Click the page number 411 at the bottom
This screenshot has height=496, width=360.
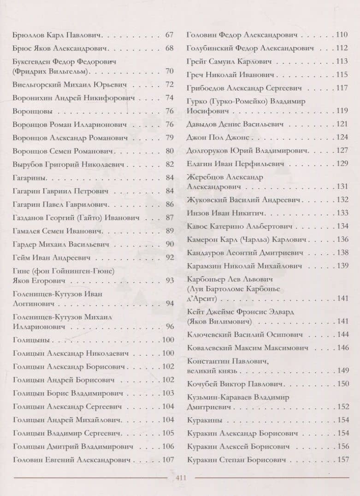[x=181, y=478]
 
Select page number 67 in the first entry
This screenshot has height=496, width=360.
[x=169, y=35]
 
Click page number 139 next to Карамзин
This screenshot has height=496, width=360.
[x=342, y=266]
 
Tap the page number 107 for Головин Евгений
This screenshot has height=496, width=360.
[x=168, y=460]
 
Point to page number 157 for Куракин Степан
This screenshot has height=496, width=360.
[x=342, y=460]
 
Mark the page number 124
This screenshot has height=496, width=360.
[x=342, y=137]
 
